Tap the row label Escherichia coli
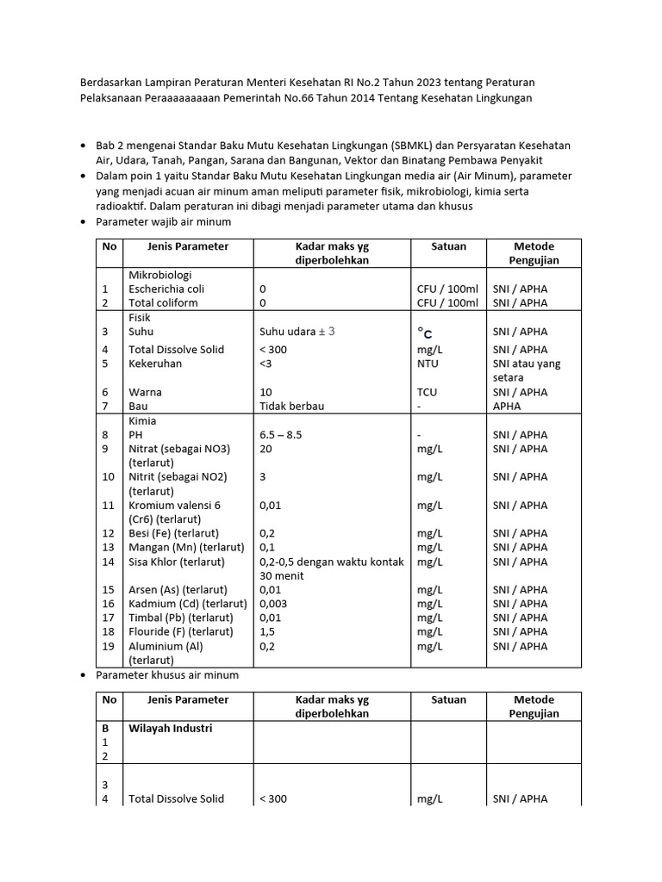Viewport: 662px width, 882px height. click(166, 289)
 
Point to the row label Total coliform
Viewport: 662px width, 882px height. click(163, 302)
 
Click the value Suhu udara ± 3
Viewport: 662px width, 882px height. click(297, 332)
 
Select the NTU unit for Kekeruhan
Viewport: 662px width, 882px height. click(428, 363)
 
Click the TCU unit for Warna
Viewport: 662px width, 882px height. click(427, 392)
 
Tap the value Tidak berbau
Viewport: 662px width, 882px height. click(292, 406)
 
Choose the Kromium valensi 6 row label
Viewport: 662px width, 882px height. click(174, 506)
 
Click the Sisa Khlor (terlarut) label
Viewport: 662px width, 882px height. click(176, 562)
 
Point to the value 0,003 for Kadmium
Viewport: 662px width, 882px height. click(275, 604)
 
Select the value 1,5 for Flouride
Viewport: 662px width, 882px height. click(267, 631)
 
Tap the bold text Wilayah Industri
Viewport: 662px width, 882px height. click(171, 728)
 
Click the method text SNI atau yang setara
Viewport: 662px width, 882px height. click(526, 370)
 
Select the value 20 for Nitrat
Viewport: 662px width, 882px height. click(266, 449)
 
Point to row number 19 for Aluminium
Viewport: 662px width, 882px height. click(108, 646)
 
